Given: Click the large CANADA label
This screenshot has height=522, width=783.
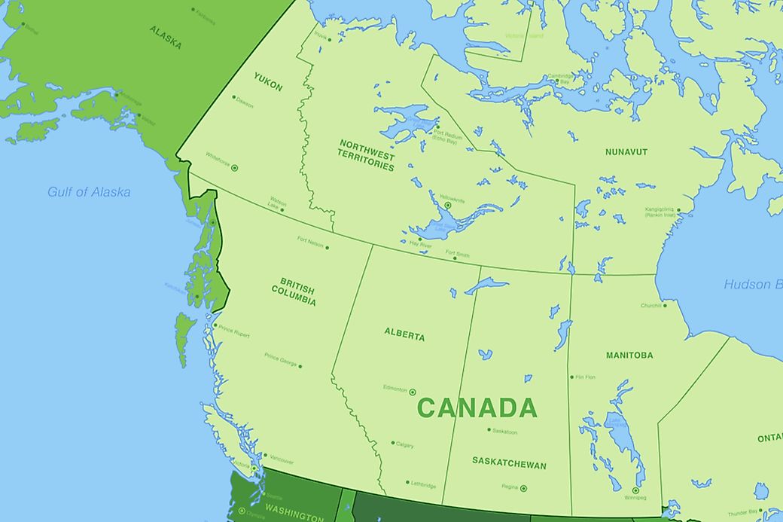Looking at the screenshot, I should tap(477, 408).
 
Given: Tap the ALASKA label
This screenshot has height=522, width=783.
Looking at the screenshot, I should tap(165, 37).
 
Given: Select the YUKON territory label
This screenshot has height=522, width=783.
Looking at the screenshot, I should tap(268, 82).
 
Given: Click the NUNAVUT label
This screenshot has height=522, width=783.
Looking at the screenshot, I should tap(626, 152).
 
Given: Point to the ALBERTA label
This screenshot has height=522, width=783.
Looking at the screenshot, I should tap(404, 335).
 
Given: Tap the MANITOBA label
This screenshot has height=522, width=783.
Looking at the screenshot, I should tap(629, 355).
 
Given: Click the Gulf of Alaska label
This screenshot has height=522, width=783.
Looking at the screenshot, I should tap(89, 192).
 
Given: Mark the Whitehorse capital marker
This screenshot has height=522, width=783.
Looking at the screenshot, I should tap(234, 168).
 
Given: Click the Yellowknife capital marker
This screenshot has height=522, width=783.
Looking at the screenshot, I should tap(447, 205).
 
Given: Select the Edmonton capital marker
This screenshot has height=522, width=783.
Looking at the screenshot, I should tap(413, 392).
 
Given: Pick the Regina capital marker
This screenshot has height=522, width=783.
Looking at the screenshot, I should tap(523, 488).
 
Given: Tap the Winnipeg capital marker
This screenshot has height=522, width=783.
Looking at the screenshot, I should tap(635, 490).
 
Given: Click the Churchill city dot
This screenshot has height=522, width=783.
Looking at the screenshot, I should tap(665, 306).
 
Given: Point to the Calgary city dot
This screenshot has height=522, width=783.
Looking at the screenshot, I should tap(392, 443).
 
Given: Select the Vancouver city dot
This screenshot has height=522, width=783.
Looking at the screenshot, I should tap(265, 456).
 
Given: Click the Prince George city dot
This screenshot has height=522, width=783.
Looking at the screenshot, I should tap(300, 367).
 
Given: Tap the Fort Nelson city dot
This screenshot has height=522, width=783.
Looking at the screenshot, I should tap(327, 247).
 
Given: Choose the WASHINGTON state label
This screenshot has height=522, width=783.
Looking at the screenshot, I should tap(294, 515).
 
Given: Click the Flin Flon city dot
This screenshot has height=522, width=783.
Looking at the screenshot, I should tap(571, 377).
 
